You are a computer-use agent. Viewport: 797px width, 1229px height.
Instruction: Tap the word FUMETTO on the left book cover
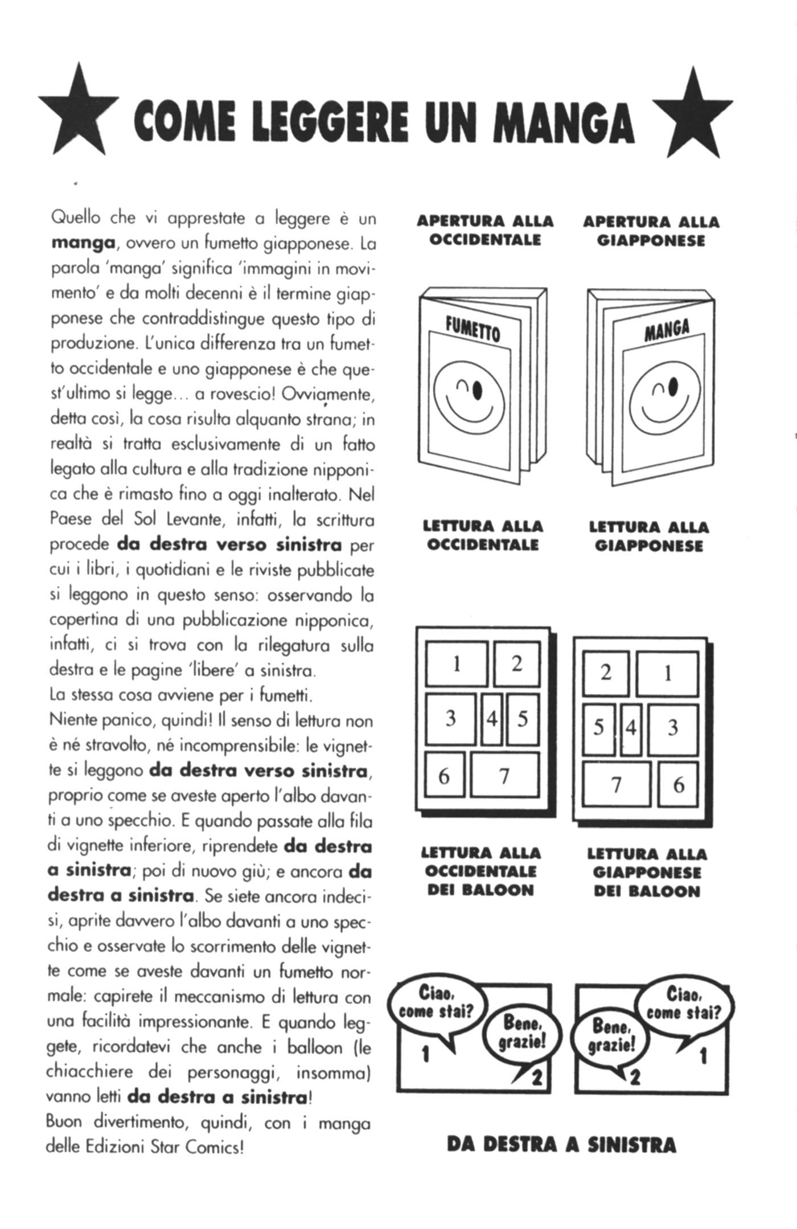pos(473,329)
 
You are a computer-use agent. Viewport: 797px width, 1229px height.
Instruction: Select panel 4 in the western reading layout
pos(492,719)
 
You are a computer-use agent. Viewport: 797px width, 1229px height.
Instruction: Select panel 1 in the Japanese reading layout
pos(667,673)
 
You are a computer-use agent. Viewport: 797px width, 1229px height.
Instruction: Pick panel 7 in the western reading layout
pos(504,775)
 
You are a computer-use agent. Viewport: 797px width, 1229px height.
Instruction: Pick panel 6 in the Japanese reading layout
pos(678,785)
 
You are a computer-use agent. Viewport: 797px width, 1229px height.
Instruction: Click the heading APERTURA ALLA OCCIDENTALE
pos(485,230)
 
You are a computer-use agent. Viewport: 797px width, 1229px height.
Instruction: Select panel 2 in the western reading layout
pos(516,663)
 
